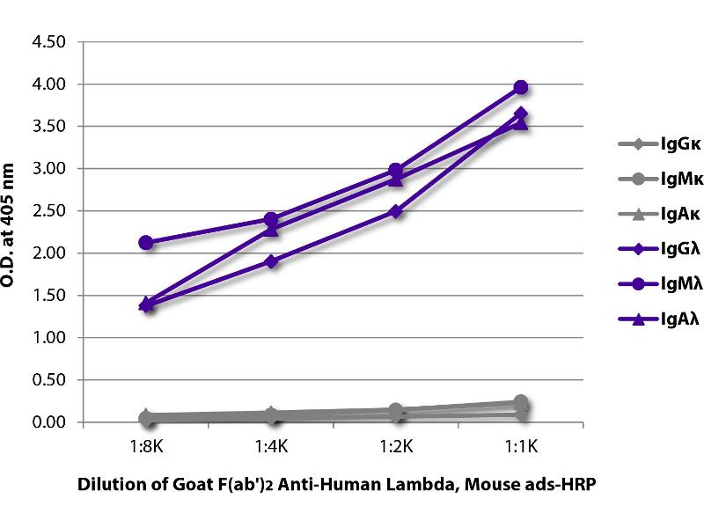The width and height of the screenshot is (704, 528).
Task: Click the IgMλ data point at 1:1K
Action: [x=521, y=87]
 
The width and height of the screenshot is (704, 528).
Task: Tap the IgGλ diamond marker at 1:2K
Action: [x=396, y=211]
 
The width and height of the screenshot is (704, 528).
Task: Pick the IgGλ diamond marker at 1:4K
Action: [x=271, y=261]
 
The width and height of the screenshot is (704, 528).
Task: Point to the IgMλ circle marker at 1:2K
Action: [x=396, y=170]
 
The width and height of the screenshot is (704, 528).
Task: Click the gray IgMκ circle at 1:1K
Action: [x=521, y=402]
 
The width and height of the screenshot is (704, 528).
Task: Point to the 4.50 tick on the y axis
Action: [x=48, y=42]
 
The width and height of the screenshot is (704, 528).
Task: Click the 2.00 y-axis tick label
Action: [x=48, y=253]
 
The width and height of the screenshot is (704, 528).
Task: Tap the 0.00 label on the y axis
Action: [x=48, y=422]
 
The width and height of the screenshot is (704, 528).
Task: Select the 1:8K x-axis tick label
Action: [x=146, y=446]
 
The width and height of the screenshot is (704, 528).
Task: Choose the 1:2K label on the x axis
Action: [x=396, y=446]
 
